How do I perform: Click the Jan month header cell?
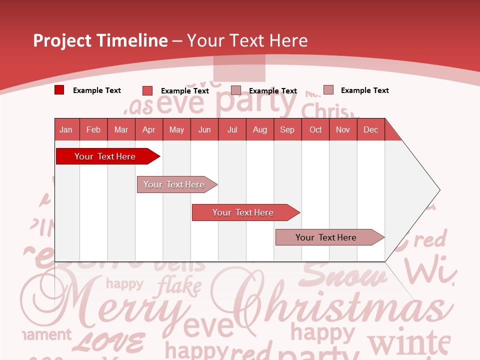[66, 129]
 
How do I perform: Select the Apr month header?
[149, 129]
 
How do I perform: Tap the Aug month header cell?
[260, 129]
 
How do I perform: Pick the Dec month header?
[371, 129]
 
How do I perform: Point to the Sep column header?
[287, 129]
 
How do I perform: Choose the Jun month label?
[204, 129]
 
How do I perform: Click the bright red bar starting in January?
[105, 156]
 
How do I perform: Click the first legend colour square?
[59, 90]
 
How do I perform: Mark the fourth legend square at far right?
[328, 90]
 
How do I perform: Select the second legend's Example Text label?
[185, 91]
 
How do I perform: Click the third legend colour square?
[236, 90]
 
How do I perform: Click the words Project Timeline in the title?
[100, 40]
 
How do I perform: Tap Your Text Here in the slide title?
[247, 40]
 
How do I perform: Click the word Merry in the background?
[105, 305]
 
